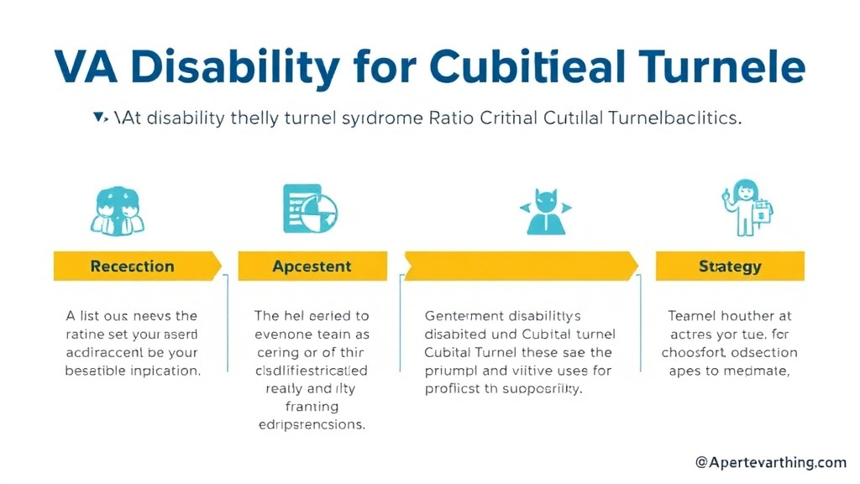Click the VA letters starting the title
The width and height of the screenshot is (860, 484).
(x=87, y=67)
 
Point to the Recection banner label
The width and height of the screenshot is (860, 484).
(x=132, y=266)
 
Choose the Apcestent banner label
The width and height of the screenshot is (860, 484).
(x=312, y=266)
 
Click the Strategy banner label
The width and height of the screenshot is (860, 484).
(x=729, y=266)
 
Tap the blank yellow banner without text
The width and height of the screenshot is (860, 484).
(x=521, y=266)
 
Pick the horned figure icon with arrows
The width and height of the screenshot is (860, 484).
(x=546, y=211)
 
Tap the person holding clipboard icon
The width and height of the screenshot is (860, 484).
(x=747, y=208)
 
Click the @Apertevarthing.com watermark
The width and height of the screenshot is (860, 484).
(x=770, y=462)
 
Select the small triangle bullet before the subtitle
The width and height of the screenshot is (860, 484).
(x=100, y=118)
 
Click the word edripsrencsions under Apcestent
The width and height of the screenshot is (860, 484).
(x=311, y=424)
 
